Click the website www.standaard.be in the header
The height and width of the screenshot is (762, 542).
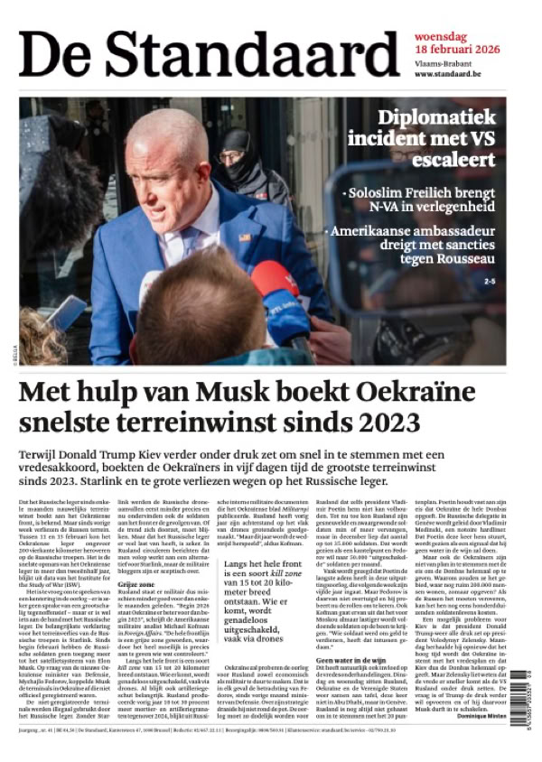tap(448, 74)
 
